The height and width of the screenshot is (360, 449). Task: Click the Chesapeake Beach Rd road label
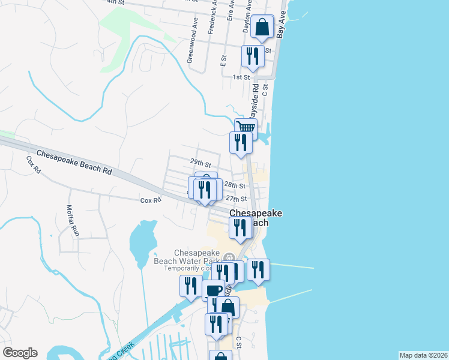coord(74,163)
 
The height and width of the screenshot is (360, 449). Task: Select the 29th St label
coord(200,163)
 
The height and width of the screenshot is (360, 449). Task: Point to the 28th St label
coord(239,186)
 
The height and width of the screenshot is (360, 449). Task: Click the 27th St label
coord(236,199)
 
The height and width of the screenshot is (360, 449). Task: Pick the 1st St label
coord(241,77)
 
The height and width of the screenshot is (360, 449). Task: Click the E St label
coord(223,60)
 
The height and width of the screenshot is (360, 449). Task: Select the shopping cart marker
coord(246,128)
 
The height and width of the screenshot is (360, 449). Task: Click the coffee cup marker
coord(213,290)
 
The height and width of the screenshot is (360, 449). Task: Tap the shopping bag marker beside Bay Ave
coord(262,26)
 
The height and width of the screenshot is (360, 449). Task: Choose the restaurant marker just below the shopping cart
coord(241,143)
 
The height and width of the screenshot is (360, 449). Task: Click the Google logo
coord(20,353)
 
